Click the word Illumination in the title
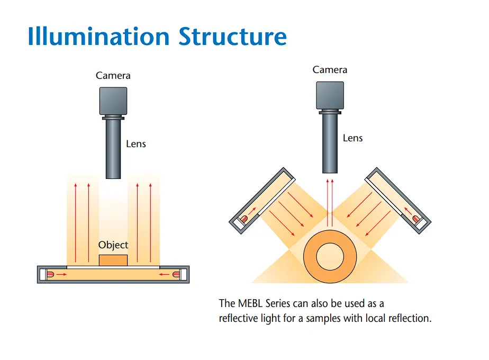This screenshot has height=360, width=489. [98, 36]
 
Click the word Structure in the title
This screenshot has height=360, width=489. [232, 36]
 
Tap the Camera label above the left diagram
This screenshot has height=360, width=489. [113, 76]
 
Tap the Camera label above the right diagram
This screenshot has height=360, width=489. [330, 69]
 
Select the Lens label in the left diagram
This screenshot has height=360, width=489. [135, 144]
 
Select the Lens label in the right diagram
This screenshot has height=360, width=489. [352, 138]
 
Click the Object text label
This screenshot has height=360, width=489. [113, 245]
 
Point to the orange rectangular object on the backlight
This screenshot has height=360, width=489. [113, 260]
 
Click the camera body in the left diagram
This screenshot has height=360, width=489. [113, 101]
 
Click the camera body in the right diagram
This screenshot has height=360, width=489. [330, 95]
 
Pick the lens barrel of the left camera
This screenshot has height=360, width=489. [113, 149]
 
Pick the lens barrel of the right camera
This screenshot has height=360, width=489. [330, 143]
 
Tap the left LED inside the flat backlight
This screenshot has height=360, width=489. [50, 275]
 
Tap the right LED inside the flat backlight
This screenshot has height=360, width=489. [176, 275]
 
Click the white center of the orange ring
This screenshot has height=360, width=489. [330, 257]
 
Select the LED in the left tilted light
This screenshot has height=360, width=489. [244, 219]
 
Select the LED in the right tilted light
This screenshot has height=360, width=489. [416, 219]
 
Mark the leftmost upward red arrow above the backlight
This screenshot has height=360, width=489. [76, 223]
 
